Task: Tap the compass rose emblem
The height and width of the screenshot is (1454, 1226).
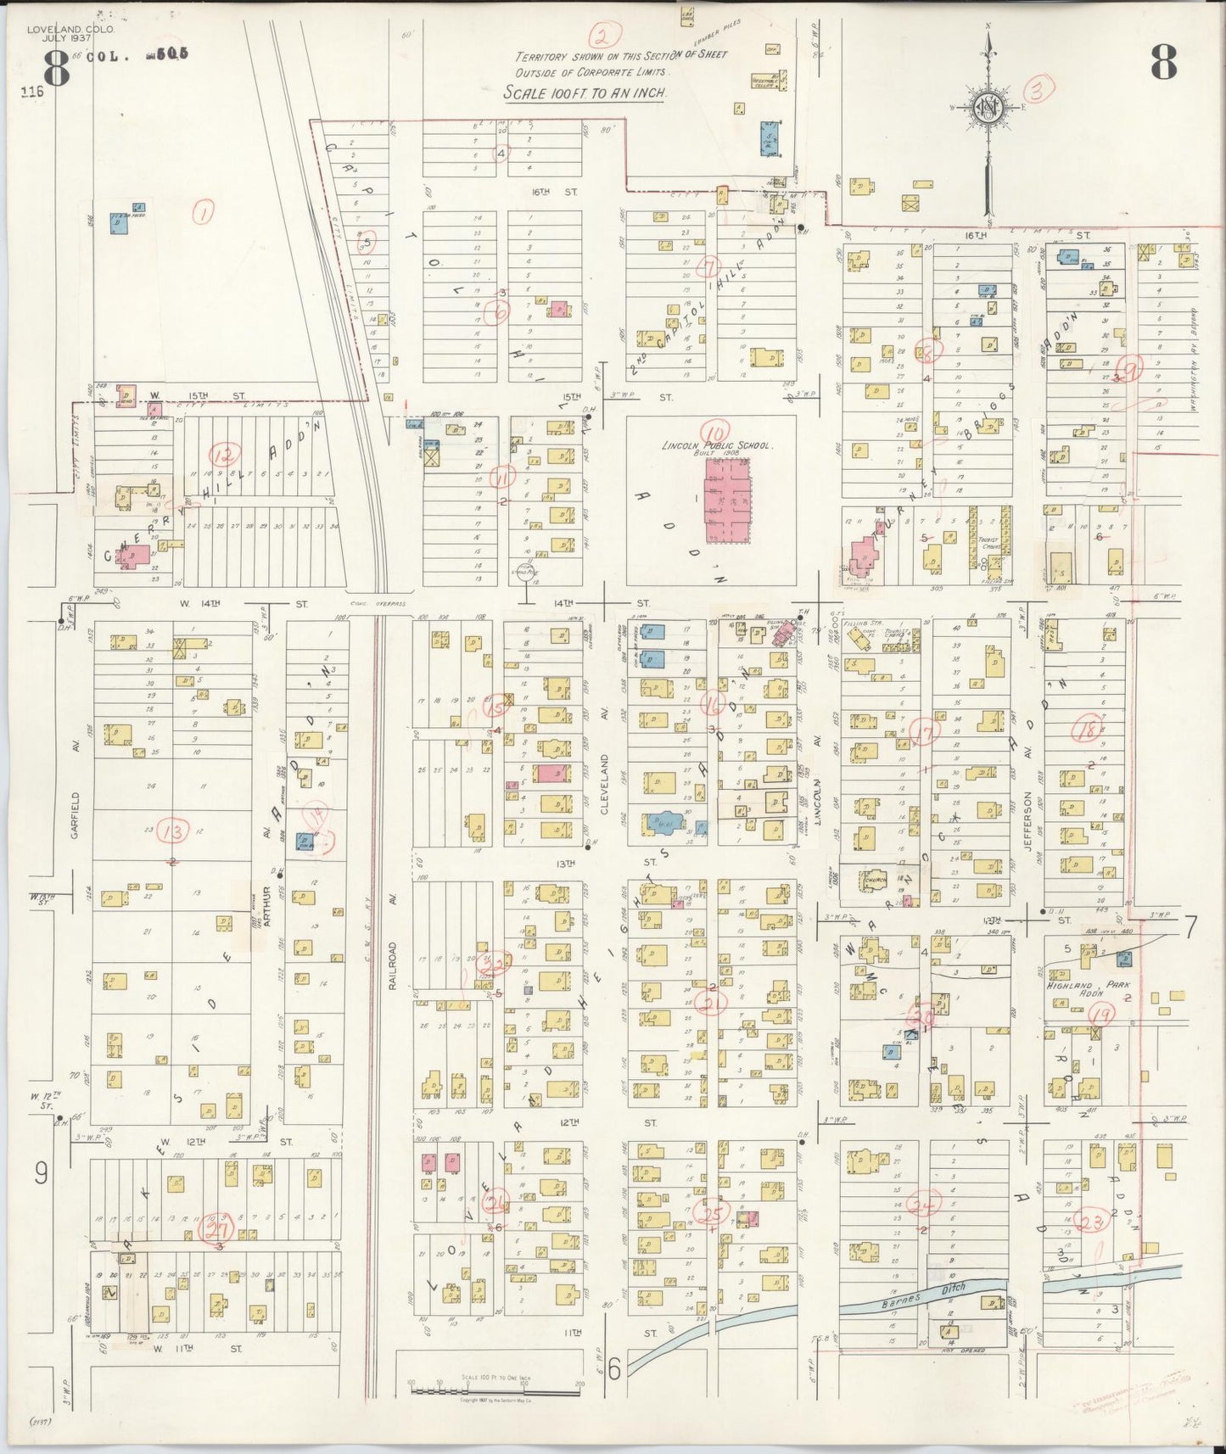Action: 988,109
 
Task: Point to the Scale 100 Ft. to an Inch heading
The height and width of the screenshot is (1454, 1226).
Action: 585,93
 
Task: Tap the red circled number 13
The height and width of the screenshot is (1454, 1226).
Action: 176,832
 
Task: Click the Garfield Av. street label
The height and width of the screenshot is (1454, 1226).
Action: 75,815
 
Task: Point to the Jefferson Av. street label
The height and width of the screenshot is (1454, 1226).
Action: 1027,814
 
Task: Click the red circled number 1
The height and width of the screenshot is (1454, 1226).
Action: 203,211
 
